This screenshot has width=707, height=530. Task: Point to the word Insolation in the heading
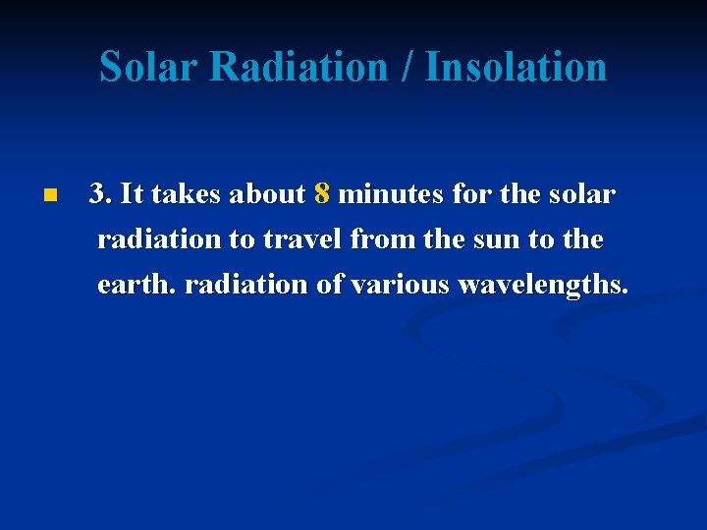(x=517, y=68)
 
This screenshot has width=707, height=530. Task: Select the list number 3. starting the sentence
(x=100, y=194)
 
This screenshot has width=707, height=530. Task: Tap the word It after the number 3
(x=134, y=194)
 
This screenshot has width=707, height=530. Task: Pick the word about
(x=268, y=194)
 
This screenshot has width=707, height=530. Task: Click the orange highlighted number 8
(x=322, y=194)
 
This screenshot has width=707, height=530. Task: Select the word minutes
(x=391, y=194)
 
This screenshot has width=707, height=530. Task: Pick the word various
(x=398, y=285)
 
